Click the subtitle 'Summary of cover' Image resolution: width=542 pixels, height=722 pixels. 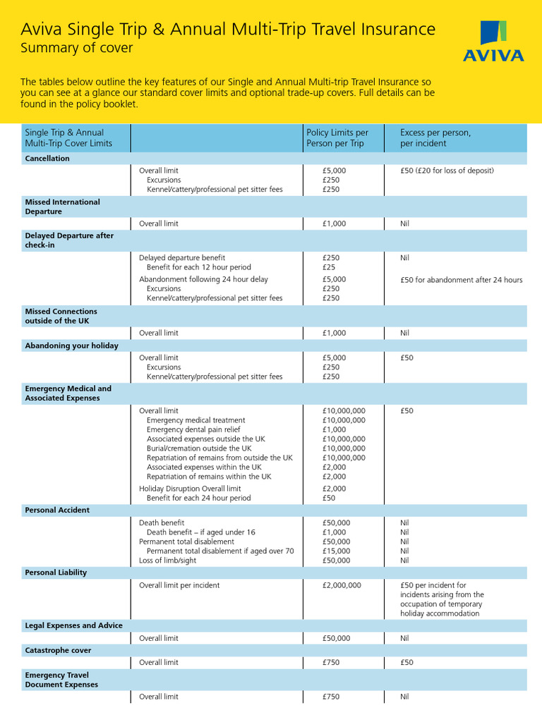76,49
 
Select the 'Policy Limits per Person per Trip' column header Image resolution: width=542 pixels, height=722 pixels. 337,137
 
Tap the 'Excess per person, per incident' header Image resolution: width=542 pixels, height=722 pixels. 435,137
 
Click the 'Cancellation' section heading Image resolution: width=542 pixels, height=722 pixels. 47,159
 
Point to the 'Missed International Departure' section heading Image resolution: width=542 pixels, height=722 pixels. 62,207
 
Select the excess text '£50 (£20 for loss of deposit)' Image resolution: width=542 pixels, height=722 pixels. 447,171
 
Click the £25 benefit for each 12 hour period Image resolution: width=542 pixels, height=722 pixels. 329,267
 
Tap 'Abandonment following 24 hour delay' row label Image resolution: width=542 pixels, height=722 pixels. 203,279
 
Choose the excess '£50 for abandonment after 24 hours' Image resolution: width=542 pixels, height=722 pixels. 461,280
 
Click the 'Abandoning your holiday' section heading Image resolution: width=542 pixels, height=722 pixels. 71,345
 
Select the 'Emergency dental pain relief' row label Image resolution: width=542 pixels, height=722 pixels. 193,429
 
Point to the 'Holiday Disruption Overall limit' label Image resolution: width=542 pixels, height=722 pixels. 190,488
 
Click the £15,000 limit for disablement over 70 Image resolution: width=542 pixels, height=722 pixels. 336,551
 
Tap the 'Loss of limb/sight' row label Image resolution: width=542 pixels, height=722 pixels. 168,561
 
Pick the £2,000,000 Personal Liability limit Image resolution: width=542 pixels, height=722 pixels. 342,585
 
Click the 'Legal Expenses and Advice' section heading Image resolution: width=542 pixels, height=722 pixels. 73,625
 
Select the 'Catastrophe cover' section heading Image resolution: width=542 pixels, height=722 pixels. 58,650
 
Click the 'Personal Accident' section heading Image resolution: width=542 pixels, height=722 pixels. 57,510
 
